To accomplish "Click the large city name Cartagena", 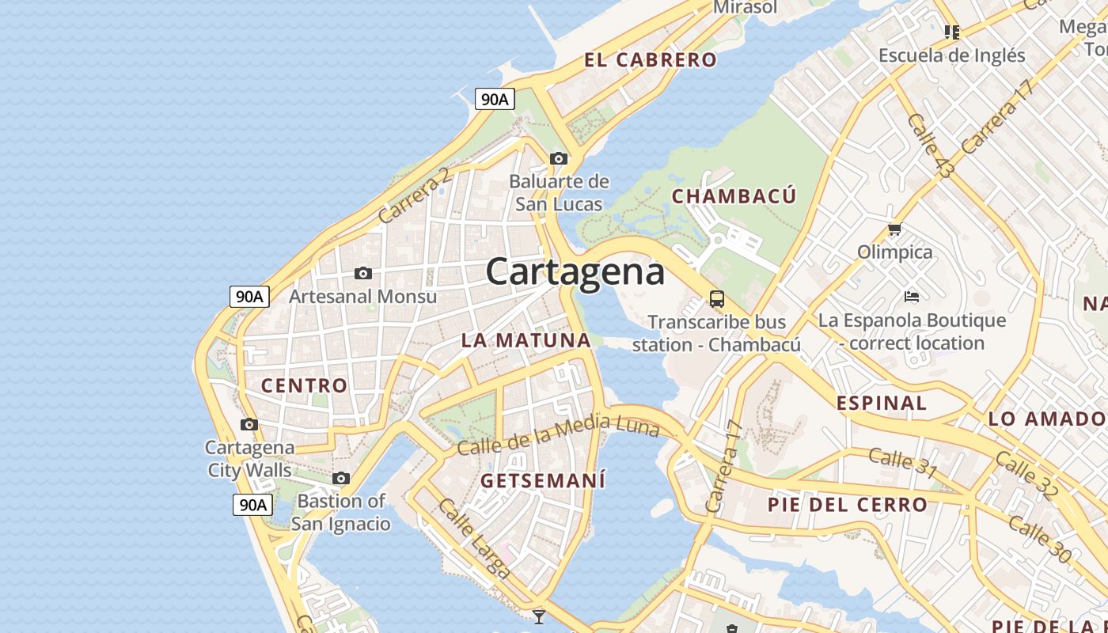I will point(575,271).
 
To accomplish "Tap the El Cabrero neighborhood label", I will point(651,59).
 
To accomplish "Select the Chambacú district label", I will point(734,196).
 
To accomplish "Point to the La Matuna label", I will point(526,340).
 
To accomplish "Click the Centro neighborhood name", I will point(304,385).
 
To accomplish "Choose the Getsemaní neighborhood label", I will point(543,480).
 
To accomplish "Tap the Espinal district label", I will point(881,403).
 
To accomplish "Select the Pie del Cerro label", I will point(847,504).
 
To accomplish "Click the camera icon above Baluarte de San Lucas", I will point(559,158).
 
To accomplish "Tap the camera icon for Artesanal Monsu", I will point(363,273).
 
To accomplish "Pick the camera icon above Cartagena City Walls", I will point(249,424).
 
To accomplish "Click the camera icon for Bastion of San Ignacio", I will point(341,478).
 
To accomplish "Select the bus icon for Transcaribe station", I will point(717,298).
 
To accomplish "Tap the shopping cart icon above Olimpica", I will point(895,229).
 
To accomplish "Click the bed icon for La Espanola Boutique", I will point(912,297).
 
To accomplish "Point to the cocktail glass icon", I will point(539,616).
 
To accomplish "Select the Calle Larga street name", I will point(474,537).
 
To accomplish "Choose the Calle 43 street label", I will point(931,146).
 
